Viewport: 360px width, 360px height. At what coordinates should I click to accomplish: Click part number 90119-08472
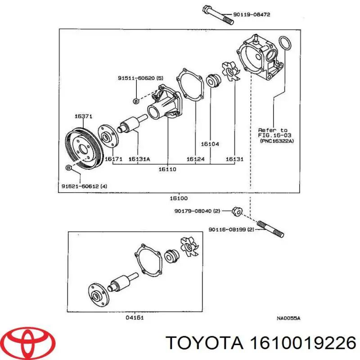tap(252, 15)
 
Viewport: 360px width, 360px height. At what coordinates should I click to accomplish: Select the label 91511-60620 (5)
tap(140, 78)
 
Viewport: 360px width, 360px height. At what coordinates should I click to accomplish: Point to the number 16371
tap(84, 116)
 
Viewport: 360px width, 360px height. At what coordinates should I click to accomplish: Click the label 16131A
tap(139, 159)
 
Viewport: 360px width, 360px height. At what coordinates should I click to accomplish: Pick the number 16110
tap(167, 170)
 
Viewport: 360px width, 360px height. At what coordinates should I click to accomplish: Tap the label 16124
tap(196, 159)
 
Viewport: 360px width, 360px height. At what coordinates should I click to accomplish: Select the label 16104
tap(210, 144)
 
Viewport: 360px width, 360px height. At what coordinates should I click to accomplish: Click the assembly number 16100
tap(180, 198)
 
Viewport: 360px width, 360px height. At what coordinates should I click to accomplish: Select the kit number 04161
tap(135, 318)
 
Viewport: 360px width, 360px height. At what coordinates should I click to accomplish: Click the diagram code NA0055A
tap(288, 318)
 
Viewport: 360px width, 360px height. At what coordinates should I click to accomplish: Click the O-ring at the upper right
tap(284, 44)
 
